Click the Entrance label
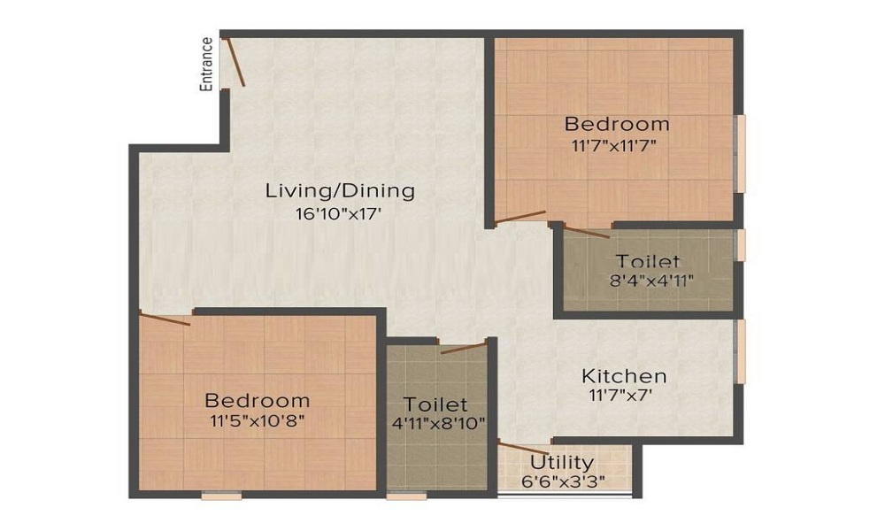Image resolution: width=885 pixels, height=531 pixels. point(206,64)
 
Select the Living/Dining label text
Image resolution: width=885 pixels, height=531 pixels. point(341,190)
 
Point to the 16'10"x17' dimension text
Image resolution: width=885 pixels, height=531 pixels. point(341,213)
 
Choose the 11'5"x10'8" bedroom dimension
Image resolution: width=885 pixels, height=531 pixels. point(257,422)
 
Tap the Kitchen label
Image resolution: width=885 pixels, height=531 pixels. point(624,376)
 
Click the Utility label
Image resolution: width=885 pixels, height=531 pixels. point(562,462)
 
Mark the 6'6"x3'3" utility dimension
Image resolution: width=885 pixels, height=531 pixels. point(562,482)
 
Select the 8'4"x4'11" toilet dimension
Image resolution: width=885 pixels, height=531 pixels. point(649,282)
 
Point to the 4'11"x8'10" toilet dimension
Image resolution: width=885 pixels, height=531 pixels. point(437,424)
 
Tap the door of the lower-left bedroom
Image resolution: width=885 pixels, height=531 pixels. point(165,319)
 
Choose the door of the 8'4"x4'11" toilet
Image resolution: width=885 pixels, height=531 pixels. point(586,233)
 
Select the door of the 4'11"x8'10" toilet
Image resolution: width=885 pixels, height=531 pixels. point(464,346)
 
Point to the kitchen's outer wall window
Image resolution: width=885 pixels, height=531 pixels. point(742,351)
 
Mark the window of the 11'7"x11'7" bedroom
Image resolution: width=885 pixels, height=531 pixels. point(742,153)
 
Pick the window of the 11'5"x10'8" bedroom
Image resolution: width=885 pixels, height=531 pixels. point(221,496)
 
